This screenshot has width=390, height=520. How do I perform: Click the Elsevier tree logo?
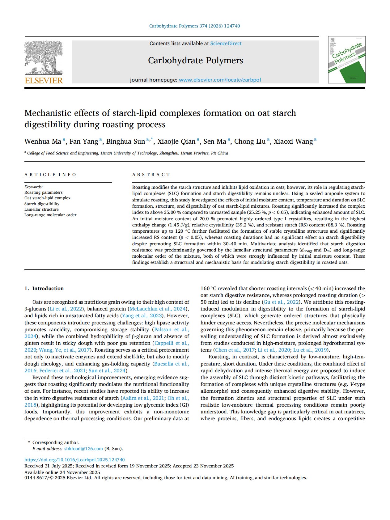(44, 59)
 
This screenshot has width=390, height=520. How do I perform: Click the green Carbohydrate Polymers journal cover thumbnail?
(347, 60)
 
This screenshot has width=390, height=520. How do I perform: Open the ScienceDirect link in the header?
(226, 44)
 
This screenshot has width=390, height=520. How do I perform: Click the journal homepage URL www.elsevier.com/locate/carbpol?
(220, 80)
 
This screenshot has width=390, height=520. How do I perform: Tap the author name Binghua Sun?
(125, 142)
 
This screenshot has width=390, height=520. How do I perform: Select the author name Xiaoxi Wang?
(293, 142)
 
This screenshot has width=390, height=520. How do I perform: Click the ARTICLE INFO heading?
(50, 175)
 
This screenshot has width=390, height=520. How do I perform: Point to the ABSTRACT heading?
(151, 175)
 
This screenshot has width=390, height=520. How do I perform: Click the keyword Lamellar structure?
(41, 209)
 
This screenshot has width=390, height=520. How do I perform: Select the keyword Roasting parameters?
(43, 192)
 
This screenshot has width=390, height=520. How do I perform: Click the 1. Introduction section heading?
(44, 288)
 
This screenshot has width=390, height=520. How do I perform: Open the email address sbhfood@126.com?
(83, 449)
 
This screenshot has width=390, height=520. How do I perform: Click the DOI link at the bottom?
(74, 460)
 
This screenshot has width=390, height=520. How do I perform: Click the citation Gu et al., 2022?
(281, 302)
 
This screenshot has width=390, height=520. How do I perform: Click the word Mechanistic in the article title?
(48, 113)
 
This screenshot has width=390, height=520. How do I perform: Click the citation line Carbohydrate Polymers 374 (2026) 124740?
(194, 26)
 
